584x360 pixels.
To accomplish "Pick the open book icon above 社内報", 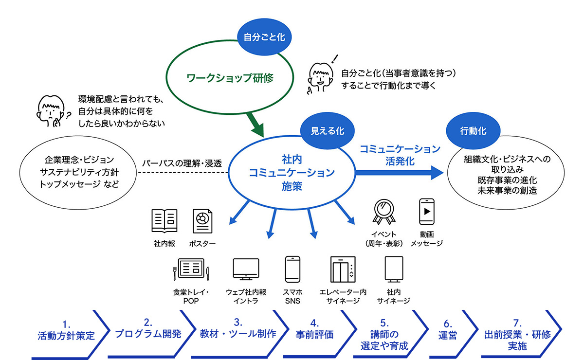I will [164, 221].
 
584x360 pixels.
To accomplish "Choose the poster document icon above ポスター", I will [201, 222].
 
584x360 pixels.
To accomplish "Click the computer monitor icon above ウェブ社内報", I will [246, 270].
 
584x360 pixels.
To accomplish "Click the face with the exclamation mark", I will [320, 76].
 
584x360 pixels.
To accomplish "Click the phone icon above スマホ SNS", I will [292, 269].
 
